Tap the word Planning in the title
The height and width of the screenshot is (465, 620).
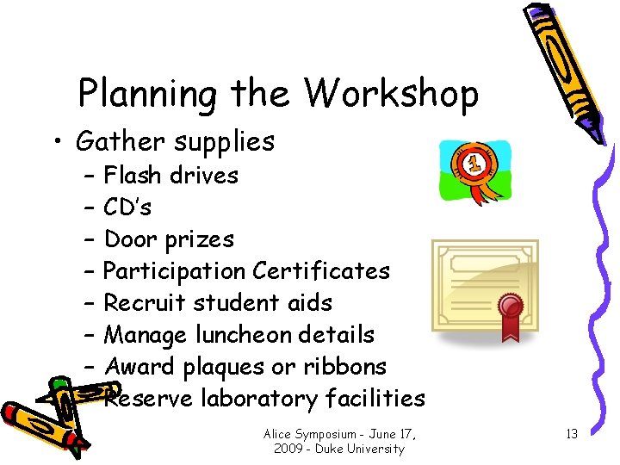(x=147, y=95)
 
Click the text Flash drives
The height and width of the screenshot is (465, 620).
(x=170, y=175)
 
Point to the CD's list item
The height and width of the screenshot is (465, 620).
(x=127, y=207)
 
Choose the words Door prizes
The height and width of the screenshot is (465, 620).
(x=169, y=239)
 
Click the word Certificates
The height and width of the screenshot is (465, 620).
(x=321, y=270)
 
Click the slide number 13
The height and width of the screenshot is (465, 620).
(x=571, y=434)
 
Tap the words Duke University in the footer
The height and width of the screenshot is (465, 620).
(x=362, y=449)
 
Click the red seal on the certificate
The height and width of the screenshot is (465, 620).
(x=511, y=307)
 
